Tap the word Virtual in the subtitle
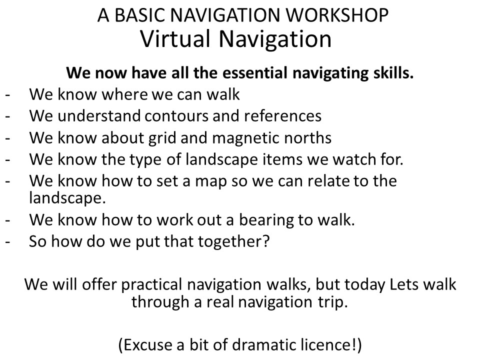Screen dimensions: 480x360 click(x=175, y=39)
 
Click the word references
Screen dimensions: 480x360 click(x=282, y=115)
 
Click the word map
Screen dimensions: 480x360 click(x=211, y=181)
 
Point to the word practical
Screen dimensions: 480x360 click(x=152, y=284)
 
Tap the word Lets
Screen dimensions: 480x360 click(x=403, y=284)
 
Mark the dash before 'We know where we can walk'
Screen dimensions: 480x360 click(x=7, y=95)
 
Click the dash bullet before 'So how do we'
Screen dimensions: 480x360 click(x=7, y=242)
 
